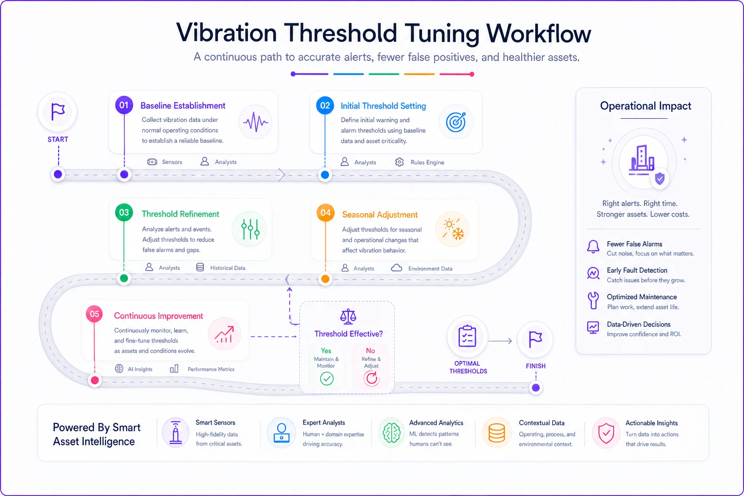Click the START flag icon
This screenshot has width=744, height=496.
[x=58, y=111]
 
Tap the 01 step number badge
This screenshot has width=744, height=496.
[x=124, y=105]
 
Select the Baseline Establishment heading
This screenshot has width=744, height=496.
[x=183, y=106]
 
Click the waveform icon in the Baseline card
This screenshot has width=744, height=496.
[x=255, y=122]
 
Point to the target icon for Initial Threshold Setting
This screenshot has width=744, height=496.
[x=456, y=122]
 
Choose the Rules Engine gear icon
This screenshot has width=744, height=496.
[x=399, y=162]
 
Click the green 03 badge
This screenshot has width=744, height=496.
[x=124, y=213]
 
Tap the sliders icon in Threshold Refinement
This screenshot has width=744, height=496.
[x=250, y=229]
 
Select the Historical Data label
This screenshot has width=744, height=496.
[x=228, y=268]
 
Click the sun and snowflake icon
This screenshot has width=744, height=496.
[x=453, y=229]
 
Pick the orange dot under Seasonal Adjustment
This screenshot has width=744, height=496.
[x=325, y=279]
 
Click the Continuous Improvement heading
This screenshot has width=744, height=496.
[x=158, y=316]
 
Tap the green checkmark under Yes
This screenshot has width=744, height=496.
[x=326, y=378]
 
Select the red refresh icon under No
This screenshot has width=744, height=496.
[x=371, y=378]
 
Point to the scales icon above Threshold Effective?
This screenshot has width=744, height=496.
[x=348, y=317]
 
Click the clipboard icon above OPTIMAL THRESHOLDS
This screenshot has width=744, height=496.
[x=467, y=336]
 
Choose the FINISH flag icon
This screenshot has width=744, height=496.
[x=535, y=340]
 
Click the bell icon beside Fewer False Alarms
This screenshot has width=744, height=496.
[x=593, y=247]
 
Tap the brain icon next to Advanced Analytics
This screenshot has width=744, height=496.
[x=391, y=433]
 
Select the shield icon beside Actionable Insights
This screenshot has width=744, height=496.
[x=606, y=433]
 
